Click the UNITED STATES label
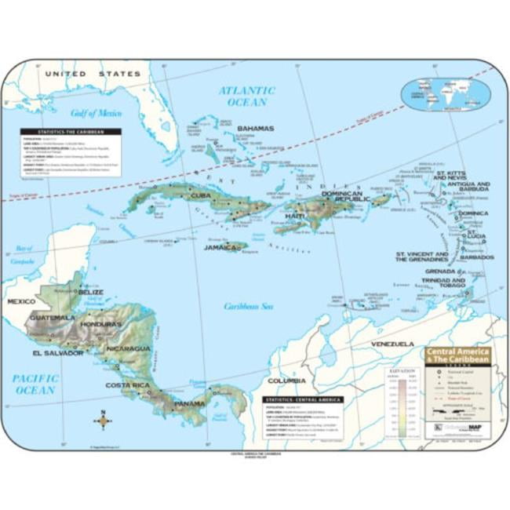[x=93, y=74]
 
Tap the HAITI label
[x=295, y=215]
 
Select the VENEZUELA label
[x=392, y=344]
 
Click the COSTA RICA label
[x=128, y=385]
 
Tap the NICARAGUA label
[x=130, y=348]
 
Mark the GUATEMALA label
[x=53, y=318]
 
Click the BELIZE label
[x=91, y=292]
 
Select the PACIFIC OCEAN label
[x=35, y=384]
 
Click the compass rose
[x=103, y=421]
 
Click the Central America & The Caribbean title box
[x=457, y=355]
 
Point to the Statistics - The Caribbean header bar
[x=72, y=132]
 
